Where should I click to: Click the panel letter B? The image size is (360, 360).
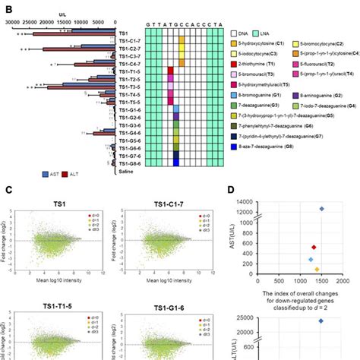(x=7, y=10)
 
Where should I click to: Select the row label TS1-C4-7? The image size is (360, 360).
(x=131, y=64)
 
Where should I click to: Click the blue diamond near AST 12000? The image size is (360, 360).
(x=321, y=208)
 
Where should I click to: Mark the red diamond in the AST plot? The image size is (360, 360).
(x=314, y=247)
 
